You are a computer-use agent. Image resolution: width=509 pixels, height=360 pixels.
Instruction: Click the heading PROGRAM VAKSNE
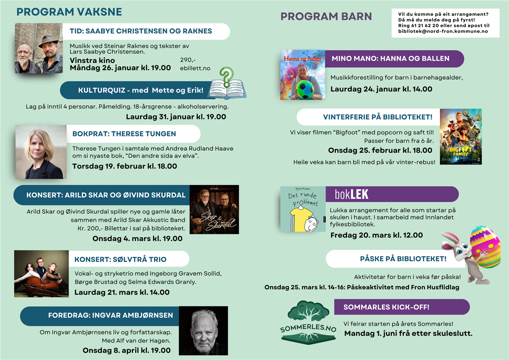pyautogui.click(x=69, y=12)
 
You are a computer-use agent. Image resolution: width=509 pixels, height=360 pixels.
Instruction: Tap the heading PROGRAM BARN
pyautogui.click(x=326, y=17)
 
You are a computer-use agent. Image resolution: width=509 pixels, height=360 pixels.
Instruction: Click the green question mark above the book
pyautogui.click(x=227, y=76)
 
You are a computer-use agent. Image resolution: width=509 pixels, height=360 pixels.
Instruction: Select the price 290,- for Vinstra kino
pyautogui.click(x=188, y=60)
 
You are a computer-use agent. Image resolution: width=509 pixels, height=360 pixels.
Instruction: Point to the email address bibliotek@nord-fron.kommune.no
pyautogui.click(x=443, y=31)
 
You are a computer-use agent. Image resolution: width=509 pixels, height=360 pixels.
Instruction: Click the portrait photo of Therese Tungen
pyautogui.click(x=41, y=152)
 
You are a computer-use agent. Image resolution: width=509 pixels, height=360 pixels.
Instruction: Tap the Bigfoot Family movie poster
pyautogui.click(x=461, y=136)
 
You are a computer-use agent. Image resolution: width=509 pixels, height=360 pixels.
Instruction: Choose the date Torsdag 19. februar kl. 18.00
pyautogui.click(x=124, y=166)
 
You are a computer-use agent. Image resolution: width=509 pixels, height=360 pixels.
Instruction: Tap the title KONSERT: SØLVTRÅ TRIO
pyautogui.click(x=120, y=259)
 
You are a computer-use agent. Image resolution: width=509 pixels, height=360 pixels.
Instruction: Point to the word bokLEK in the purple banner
pyautogui.click(x=351, y=194)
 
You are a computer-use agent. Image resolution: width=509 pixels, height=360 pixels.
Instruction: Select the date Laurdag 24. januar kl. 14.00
pyautogui.click(x=381, y=89)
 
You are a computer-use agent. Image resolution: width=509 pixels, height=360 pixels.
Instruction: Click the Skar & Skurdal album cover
pyautogui.click(x=214, y=209)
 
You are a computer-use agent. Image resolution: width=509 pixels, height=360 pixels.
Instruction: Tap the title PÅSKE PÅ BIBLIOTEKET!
pyautogui.click(x=403, y=259)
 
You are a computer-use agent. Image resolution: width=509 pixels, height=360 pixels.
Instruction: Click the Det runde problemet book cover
pyautogui.click(x=302, y=209)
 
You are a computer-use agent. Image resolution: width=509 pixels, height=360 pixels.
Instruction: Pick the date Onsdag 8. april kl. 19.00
pyautogui.click(x=126, y=350)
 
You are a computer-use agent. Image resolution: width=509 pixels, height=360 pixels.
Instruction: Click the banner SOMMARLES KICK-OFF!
pyautogui.click(x=386, y=307)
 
